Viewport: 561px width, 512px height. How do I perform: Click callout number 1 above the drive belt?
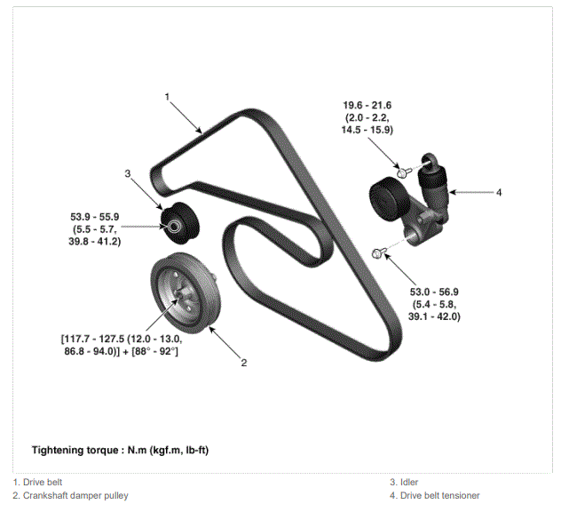point(167,97)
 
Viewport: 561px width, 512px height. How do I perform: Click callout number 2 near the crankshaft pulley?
point(243,363)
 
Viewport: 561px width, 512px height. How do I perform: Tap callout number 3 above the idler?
point(127,173)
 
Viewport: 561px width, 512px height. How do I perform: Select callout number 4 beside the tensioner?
point(499,192)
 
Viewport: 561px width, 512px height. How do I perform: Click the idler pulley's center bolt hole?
point(174,226)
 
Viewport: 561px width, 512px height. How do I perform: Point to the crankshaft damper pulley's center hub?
point(182,294)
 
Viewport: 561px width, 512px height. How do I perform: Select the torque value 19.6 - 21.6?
point(367,106)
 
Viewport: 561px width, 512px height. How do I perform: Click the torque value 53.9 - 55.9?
point(94,217)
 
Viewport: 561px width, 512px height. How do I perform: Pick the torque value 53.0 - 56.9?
point(434,292)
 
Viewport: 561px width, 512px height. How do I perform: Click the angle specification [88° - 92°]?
point(154,351)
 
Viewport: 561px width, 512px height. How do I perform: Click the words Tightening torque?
point(75,450)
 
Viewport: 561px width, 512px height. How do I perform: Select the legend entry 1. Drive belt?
point(37,483)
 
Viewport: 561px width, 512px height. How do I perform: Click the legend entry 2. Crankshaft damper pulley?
point(70,495)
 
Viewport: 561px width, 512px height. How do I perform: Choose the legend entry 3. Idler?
point(404,483)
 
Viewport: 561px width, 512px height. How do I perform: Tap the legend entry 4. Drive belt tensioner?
point(435,495)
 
